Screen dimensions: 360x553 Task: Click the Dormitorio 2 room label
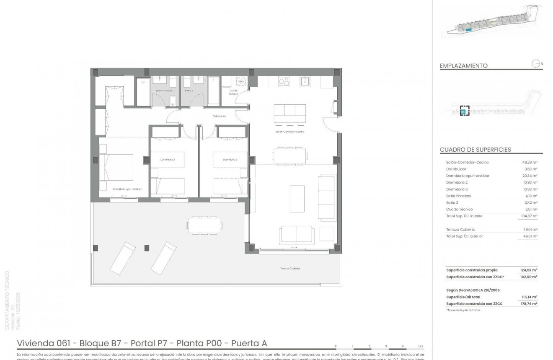168,159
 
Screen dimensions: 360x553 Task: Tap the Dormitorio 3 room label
230,159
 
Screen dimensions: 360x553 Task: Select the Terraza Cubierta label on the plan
290,268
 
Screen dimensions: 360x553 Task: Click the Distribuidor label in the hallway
219,116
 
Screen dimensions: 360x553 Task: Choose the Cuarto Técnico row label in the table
460,209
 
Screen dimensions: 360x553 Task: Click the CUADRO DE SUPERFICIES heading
475,150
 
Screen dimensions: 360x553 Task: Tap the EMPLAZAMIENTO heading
464,66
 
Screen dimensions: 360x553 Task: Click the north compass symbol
535,64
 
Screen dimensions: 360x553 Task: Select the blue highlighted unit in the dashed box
463,111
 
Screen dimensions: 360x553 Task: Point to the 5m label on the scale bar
421,347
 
